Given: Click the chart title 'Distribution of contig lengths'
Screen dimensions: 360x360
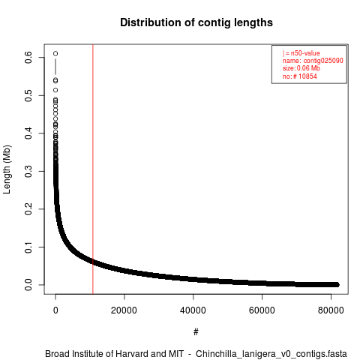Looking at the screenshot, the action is [x=196, y=22].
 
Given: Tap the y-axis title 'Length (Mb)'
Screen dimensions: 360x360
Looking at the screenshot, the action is [x=7, y=169].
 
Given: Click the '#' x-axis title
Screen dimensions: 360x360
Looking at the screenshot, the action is [x=196, y=332].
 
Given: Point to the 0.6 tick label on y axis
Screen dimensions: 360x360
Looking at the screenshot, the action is [x=28, y=58].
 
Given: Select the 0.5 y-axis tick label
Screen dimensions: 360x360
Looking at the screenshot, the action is [x=28, y=95].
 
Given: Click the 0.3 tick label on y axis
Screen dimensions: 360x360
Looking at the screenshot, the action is [x=28, y=171].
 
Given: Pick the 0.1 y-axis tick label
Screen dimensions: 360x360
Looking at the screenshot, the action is [x=28, y=247].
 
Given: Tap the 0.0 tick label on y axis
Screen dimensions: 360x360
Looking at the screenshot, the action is [x=28, y=285].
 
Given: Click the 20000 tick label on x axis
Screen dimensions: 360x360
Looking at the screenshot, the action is [x=124, y=310].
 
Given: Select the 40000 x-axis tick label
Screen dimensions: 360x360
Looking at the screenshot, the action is [x=193, y=310].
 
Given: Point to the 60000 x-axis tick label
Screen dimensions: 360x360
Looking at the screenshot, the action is [x=262, y=310].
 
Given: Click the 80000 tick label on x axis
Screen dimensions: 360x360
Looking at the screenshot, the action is [x=331, y=310].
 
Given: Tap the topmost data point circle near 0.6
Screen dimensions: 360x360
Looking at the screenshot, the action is [x=55, y=53].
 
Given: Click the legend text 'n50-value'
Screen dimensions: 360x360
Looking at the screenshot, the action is [x=305, y=53].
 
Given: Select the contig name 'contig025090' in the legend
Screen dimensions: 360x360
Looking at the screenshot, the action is [x=323, y=61].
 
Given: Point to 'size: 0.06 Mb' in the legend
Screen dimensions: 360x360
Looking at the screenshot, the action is [x=301, y=68].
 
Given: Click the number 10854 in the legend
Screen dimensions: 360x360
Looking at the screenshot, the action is [x=307, y=76].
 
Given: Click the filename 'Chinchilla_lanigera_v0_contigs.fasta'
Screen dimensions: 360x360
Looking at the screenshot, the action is [x=271, y=354].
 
